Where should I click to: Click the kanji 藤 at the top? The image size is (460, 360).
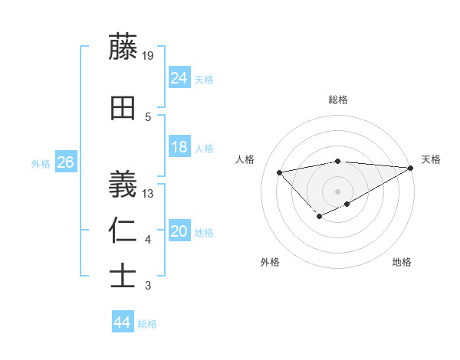pos(123,47)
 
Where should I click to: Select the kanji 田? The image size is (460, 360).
pos(123,108)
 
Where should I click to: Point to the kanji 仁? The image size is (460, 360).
pos(123,231)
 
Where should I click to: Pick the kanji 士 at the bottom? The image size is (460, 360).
pos(123,276)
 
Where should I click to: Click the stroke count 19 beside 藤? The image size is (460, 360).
pos(149,55)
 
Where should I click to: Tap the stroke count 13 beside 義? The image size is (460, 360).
pos(149,193)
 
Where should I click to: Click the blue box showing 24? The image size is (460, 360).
pos(179,77)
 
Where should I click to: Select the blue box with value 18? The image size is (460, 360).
pos(179,147)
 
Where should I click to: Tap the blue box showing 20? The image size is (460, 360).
pos(179,231)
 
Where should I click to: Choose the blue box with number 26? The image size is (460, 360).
pos(65,162)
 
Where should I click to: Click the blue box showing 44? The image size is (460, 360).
pos(123,322)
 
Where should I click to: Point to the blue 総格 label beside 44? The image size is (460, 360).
pos(147,324)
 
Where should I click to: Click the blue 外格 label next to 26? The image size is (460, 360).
pos(41,164)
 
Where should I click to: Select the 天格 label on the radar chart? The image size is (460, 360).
pos(431,159)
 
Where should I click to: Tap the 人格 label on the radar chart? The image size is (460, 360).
pos(245,159)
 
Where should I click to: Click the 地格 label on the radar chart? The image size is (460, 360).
pos(402,262)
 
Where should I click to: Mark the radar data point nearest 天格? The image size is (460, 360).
pos(410,168)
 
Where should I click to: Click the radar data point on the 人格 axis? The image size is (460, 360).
pos(280,172)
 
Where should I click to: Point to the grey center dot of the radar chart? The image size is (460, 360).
pos(337,191)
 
